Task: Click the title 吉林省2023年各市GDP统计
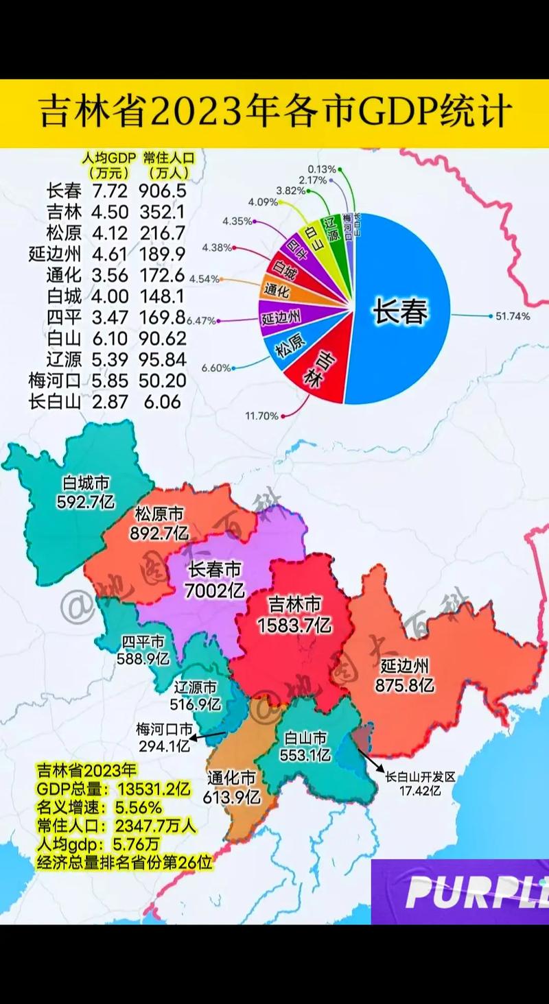coord(274,112)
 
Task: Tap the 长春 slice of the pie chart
coord(400,313)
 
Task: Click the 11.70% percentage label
coord(261,416)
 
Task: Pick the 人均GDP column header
coord(109,165)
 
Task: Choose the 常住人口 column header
coord(168,165)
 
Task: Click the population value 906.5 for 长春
coord(162,191)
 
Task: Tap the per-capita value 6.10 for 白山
coord(109,338)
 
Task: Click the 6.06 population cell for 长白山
coord(163,402)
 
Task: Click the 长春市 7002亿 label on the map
coord(215,579)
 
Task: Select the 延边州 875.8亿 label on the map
coord(405,675)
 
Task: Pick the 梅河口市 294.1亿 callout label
coord(164,738)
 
